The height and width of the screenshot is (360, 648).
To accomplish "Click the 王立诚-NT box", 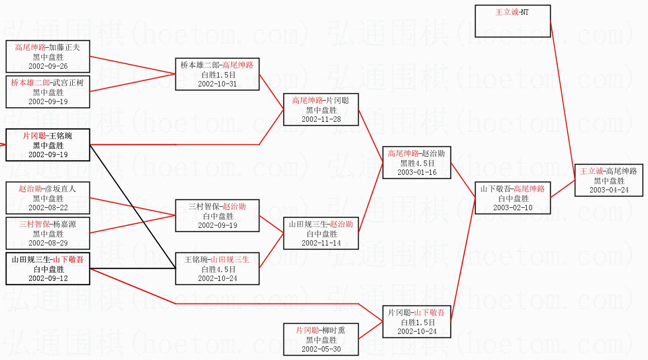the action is click(x=512, y=21).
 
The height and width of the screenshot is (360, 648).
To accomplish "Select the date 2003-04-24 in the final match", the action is click(x=609, y=190).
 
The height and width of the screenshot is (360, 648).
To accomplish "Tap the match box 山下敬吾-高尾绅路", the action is click(x=512, y=198).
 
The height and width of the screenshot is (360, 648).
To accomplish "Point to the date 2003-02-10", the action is click(x=513, y=208).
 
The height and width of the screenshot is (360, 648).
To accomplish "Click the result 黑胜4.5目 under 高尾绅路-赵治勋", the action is click(x=417, y=163).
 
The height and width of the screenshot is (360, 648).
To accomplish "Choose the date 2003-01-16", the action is click(x=417, y=172).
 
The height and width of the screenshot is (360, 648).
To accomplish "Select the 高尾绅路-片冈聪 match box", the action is click(x=321, y=110).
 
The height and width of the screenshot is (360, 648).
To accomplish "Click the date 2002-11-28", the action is click(x=321, y=119).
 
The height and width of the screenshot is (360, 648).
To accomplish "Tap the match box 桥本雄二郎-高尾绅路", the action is click(x=217, y=74).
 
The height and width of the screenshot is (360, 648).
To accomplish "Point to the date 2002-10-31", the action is click(x=217, y=84).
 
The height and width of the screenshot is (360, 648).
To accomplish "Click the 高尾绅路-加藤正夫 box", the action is click(x=48, y=56).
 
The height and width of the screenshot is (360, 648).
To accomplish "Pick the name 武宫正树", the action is click(x=68, y=83).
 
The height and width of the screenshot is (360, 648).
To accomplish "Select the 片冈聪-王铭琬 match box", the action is click(x=48, y=145).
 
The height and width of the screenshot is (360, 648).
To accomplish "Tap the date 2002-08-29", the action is click(x=48, y=243).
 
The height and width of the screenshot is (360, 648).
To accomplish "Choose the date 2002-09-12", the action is click(x=48, y=278).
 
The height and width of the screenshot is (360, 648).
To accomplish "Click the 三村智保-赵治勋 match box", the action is click(x=217, y=216).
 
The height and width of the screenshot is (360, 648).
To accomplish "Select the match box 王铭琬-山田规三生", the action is click(x=217, y=269).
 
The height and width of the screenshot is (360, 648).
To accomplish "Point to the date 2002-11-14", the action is click(x=321, y=243).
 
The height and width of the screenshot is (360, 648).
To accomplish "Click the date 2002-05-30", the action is click(x=321, y=349).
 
